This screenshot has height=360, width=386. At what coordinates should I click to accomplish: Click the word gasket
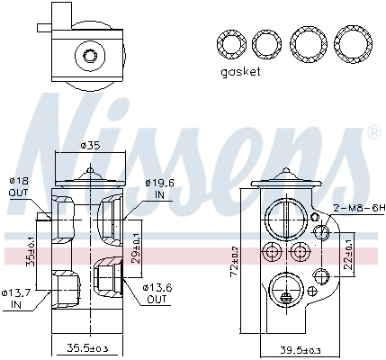tap(238, 72)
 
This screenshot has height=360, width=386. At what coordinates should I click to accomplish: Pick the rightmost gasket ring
tap(351, 42)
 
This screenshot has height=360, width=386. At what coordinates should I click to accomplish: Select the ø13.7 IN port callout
tap(17, 298)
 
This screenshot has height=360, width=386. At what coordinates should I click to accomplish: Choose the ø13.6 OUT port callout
tap(156, 292)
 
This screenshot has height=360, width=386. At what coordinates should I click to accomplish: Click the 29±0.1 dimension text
tap(136, 242)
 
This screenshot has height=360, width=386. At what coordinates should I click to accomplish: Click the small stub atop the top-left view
tap(61, 13)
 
